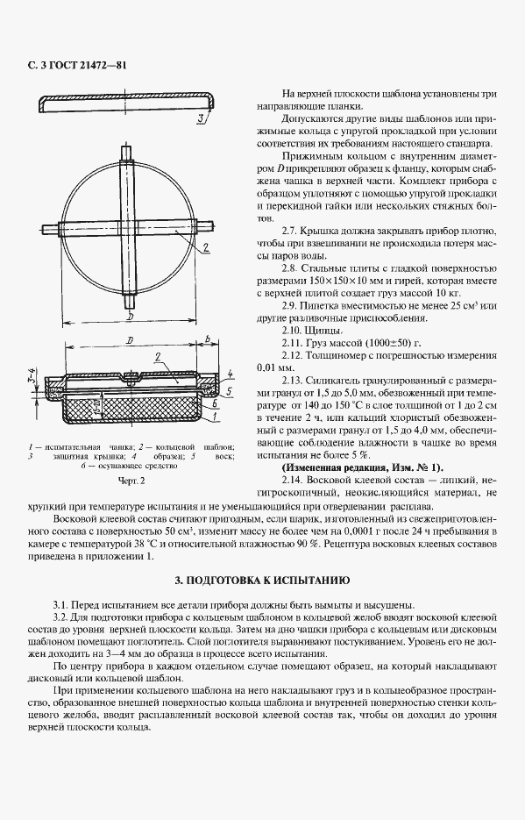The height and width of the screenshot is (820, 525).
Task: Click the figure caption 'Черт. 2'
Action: coord(131,480)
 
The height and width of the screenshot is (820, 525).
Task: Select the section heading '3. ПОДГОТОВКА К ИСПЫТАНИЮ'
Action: coord(262,581)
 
